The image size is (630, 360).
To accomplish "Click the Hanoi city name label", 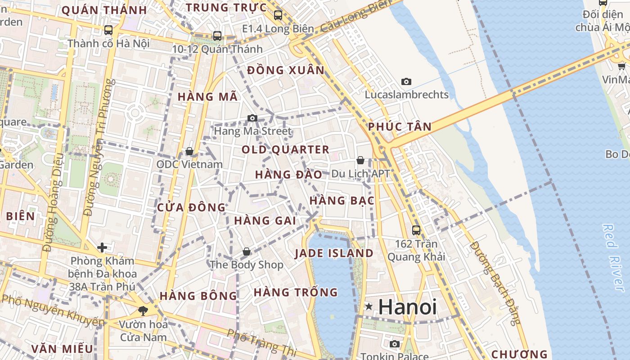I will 407,307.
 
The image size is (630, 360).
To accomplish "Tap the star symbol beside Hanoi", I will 369,307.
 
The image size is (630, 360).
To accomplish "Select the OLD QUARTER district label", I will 285,149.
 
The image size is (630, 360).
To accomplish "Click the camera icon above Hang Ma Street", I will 252,118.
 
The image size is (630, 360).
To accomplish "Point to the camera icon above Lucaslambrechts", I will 406,81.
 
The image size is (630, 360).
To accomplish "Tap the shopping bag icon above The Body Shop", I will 246,252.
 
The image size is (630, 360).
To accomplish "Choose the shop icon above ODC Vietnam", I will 189,151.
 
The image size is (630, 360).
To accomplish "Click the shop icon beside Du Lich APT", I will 360,160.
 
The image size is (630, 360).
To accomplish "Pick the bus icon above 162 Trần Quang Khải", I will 416,230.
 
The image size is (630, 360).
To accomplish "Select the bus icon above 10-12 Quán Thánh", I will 217,36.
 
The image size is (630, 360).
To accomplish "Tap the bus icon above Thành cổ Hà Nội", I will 108,30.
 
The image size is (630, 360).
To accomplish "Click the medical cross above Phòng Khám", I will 102,247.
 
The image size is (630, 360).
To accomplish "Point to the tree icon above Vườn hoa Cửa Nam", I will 143,310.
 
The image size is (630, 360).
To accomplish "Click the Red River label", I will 615,257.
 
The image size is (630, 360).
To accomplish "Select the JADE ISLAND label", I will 334,253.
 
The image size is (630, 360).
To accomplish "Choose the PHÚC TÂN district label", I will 400,126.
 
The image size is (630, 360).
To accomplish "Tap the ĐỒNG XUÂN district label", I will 286,70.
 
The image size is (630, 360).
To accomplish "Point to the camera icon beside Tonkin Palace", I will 395,344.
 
